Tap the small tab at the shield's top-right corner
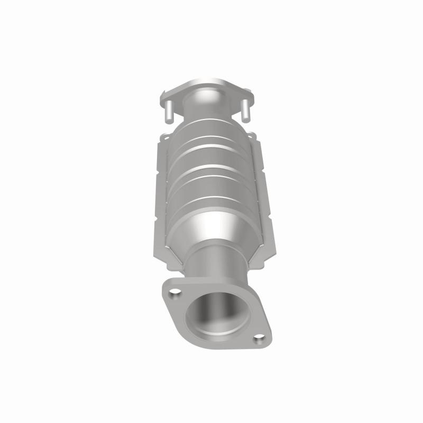[255, 137]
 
